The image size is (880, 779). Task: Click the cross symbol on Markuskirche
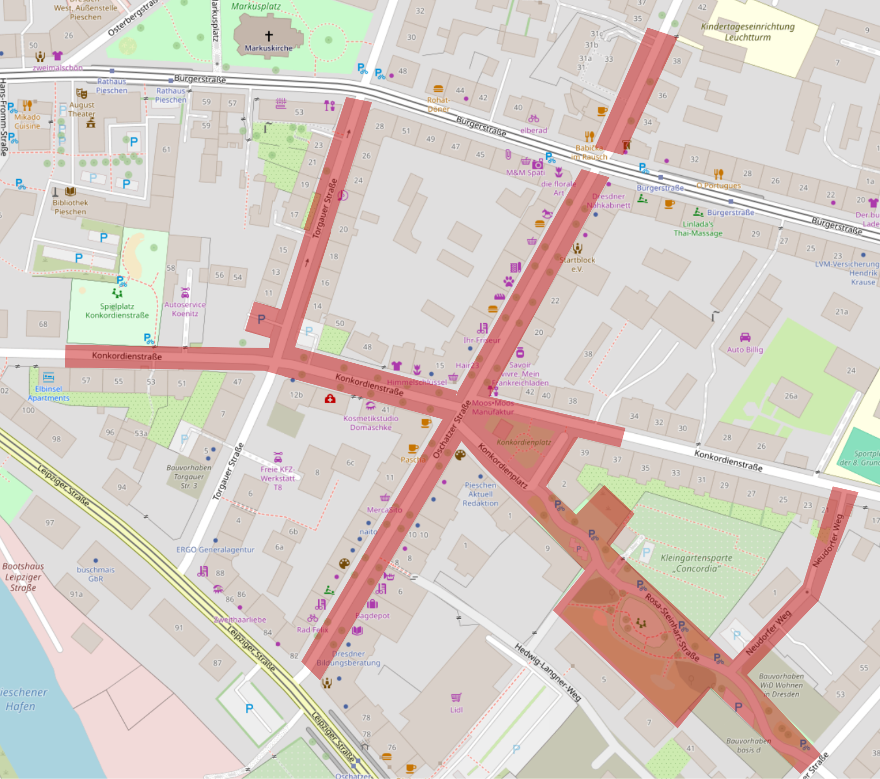(268, 36)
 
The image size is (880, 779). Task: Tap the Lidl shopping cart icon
(456, 698)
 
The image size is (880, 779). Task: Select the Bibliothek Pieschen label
(70, 207)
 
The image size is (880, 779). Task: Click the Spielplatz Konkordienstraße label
(117, 311)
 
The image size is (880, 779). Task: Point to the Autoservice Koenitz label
(185, 309)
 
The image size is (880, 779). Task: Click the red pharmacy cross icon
(330, 399)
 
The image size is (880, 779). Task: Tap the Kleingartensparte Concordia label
(696, 563)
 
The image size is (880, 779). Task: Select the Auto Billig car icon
(745, 337)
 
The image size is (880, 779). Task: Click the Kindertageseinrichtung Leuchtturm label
(748, 32)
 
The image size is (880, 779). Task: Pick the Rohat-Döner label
(438, 104)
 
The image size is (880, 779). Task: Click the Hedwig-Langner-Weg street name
(548, 672)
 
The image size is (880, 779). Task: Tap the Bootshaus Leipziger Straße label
(23, 577)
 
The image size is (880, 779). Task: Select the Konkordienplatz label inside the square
(524, 442)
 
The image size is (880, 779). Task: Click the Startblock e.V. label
(577, 264)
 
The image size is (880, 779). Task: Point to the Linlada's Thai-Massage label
(698, 228)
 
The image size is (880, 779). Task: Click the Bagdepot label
(373, 615)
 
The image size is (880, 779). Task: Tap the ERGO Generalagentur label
(215, 550)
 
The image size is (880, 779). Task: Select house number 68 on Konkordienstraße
(43, 324)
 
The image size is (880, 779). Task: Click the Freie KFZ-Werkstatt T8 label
(278, 478)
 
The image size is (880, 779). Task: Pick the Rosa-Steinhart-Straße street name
(672, 627)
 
